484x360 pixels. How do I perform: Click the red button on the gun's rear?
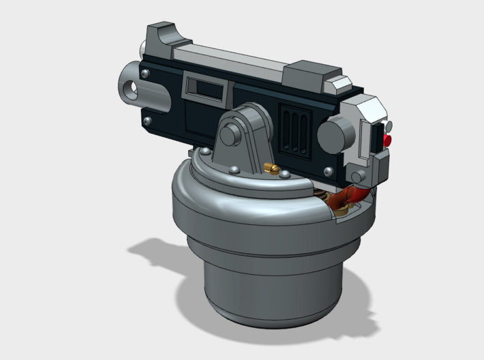pos(388,140)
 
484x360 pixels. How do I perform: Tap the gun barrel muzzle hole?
pos(130,87)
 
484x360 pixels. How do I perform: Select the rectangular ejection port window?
pos(205,87)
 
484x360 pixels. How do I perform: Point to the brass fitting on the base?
pos(271,170)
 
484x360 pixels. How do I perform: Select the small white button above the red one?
pos(388,127)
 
